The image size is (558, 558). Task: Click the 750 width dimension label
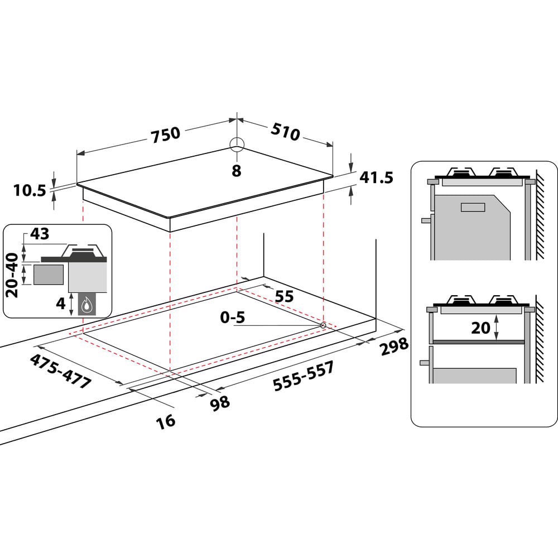click(x=166, y=135)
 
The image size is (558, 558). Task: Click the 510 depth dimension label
click(x=285, y=131)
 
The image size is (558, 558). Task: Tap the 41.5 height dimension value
click(x=376, y=177)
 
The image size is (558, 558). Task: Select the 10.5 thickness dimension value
click(x=30, y=191)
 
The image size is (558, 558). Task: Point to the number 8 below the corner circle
click(x=236, y=171)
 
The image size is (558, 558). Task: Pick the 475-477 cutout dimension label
click(x=60, y=371)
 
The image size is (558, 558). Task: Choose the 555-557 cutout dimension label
click(x=304, y=376)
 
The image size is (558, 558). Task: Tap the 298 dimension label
click(x=395, y=347)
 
